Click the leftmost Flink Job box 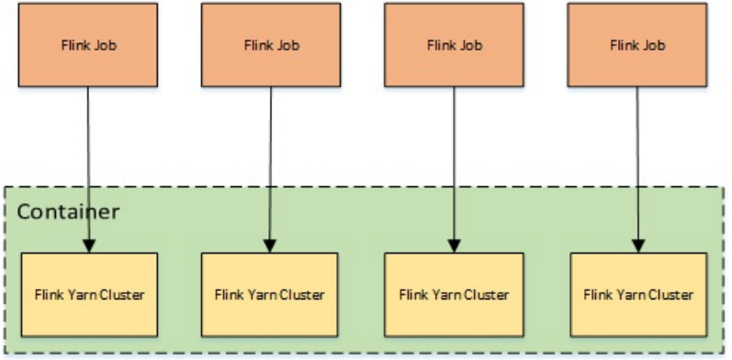pyautogui.click(x=88, y=44)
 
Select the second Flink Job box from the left pyautogui.click(x=271, y=44)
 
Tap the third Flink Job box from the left pyautogui.click(x=455, y=44)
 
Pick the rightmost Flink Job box pyautogui.click(x=638, y=44)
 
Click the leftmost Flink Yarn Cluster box pyautogui.click(x=88, y=295)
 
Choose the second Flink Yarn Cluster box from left pyautogui.click(x=271, y=295)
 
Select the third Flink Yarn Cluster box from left pyautogui.click(x=455, y=295)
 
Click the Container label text pyautogui.click(x=69, y=211)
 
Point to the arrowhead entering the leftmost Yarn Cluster pyautogui.click(x=89, y=245)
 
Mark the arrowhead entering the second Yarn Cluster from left pyautogui.click(x=271, y=245)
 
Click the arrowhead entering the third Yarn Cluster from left pyautogui.click(x=455, y=245)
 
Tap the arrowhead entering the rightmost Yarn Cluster pyautogui.click(x=639, y=245)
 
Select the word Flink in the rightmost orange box pyautogui.click(x=625, y=44)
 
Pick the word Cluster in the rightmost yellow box pyautogui.click(x=670, y=295)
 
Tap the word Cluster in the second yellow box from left pyautogui.click(x=302, y=295)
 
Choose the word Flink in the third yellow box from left pyautogui.click(x=413, y=295)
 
